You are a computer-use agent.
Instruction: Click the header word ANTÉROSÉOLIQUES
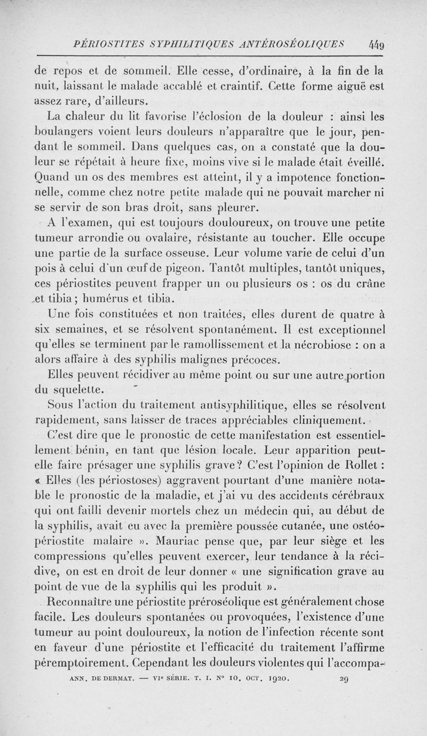(x=294, y=43)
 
